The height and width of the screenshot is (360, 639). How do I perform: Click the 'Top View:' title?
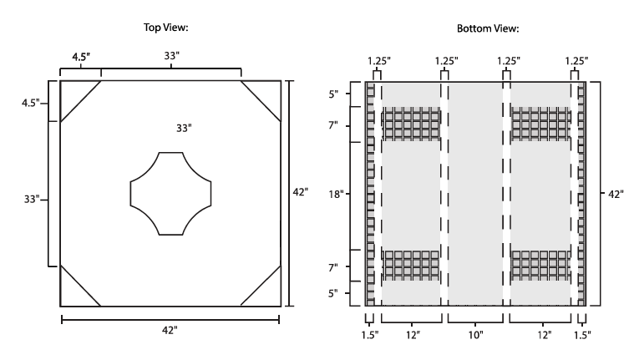170,28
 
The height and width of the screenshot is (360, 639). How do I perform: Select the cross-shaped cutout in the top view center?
170,193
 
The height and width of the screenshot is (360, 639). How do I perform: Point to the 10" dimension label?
475,334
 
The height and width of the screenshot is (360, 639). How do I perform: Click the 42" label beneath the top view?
170,331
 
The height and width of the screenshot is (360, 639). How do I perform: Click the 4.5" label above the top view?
81,58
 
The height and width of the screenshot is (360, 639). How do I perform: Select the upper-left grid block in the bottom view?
411,124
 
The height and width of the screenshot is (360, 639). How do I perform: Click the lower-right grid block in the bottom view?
540,264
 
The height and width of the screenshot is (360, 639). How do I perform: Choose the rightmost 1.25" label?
574,61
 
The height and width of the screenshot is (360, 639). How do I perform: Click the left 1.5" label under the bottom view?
369,335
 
